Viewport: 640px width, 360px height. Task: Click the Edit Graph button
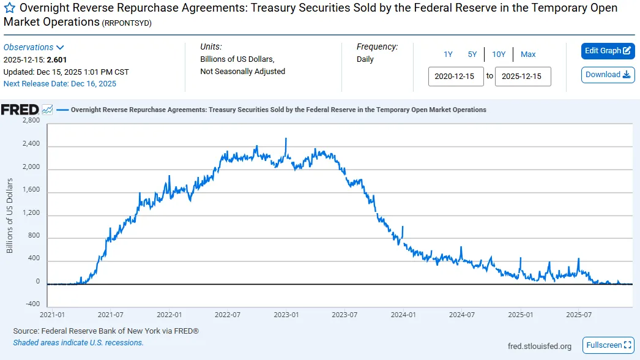pos(608,51)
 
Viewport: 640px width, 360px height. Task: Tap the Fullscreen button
pos(609,345)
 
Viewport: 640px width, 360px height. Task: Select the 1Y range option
pos(448,54)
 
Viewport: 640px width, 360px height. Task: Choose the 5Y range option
pos(472,54)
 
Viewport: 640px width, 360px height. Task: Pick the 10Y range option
pos(499,54)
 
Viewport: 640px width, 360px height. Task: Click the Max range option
pos(528,54)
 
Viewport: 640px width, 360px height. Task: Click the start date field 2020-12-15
pos(456,77)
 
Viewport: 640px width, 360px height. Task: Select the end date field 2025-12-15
pos(523,77)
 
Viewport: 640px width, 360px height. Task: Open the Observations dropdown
pos(34,47)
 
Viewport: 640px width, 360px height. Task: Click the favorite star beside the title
pos(9,8)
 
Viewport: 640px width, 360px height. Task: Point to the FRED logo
pos(20,110)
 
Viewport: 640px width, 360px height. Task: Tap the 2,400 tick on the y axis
pos(31,143)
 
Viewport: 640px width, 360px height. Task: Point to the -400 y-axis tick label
pos(32,304)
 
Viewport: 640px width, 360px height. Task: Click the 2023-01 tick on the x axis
pos(286,315)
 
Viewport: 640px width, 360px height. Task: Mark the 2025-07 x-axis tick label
pos(579,315)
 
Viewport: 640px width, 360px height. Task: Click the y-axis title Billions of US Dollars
pos(9,216)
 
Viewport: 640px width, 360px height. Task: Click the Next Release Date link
pos(59,84)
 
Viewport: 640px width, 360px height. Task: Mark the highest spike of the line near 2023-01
pos(286,138)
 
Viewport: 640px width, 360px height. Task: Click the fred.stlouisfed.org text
pos(540,346)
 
